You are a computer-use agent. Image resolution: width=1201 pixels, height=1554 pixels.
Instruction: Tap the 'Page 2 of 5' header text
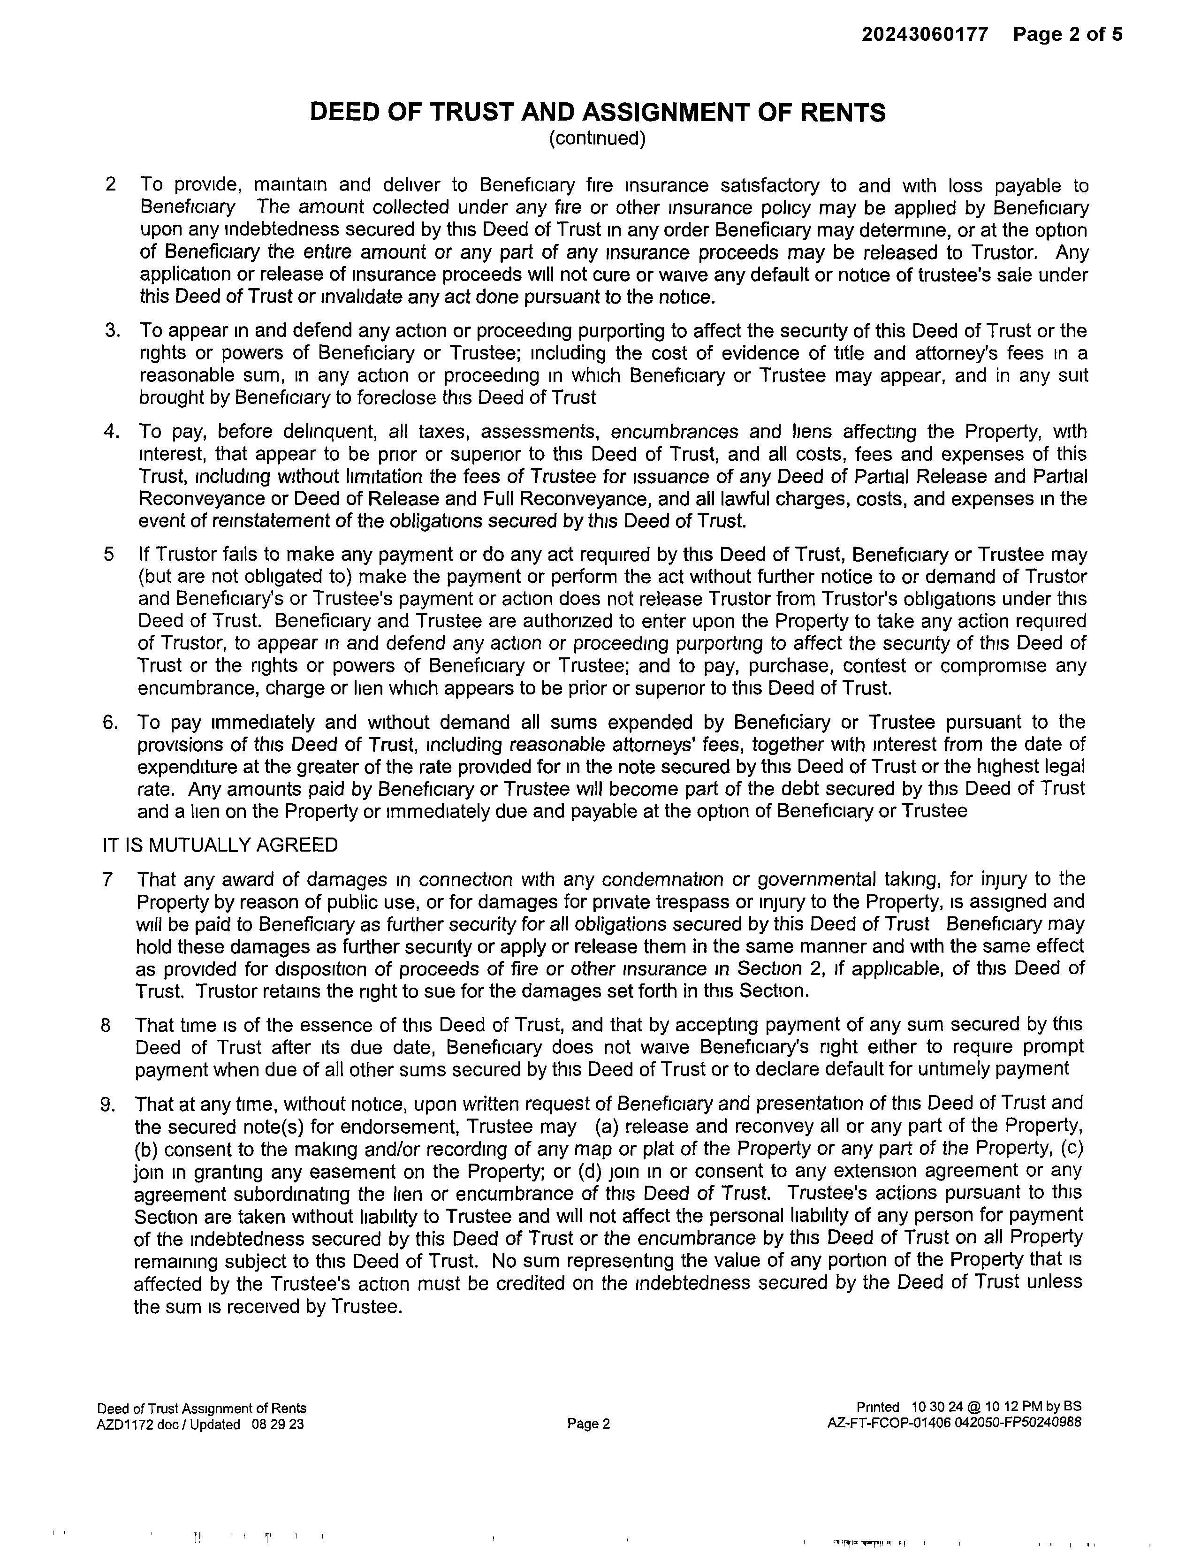1068,34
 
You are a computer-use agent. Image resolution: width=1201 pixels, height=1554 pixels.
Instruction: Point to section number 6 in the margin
110,722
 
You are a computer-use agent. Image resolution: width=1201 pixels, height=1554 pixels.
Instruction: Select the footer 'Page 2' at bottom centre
588,1424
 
